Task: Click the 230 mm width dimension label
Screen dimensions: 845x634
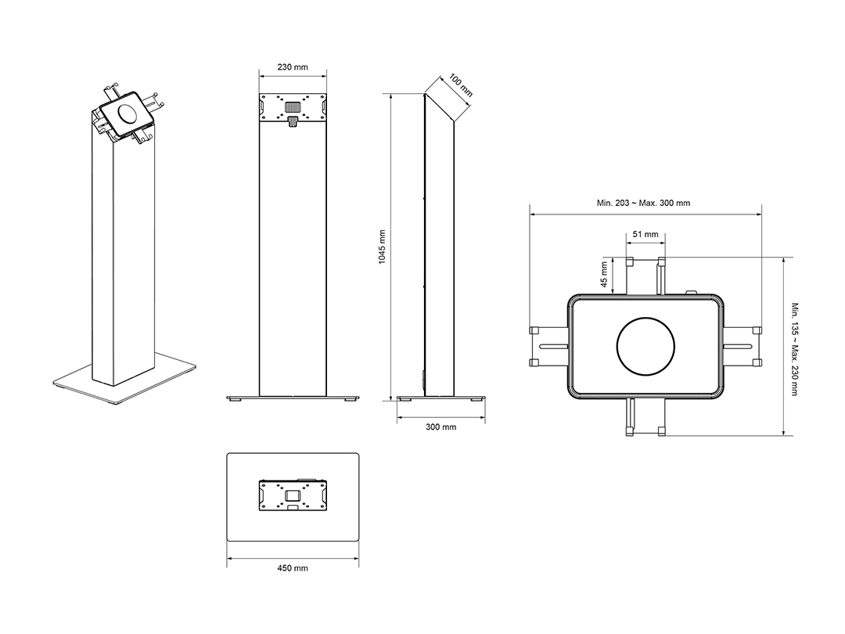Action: [x=293, y=67]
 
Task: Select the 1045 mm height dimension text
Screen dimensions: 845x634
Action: [x=382, y=247]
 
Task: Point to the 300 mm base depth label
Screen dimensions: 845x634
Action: [x=440, y=427]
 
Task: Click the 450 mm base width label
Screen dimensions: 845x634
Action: [x=293, y=567]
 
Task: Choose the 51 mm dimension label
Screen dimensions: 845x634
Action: [x=645, y=234]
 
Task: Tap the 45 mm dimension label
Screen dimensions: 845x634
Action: [x=604, y=275]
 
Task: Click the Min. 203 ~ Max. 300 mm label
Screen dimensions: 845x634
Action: [x=643, y=203]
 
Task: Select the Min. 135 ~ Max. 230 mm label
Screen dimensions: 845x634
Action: [x=794, y=349]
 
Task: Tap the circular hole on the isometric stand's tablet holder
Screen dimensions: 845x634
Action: [x=128, y=113]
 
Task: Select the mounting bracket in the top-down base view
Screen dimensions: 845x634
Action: [x=293, y=495]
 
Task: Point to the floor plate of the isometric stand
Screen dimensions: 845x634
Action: [x=124, y=382]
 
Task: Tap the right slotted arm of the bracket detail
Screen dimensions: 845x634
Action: [x=742, y=346]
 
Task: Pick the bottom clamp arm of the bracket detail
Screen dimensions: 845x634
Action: [x=645, y=416]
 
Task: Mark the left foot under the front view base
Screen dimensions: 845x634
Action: [x=236, y=400]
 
